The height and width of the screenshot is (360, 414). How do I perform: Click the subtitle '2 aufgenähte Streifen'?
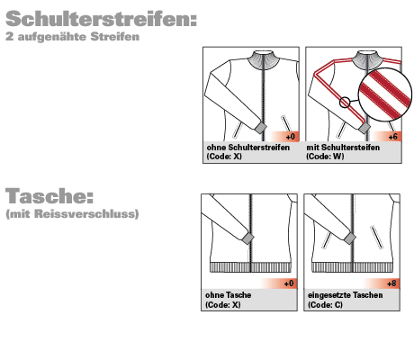[x=72, y=38]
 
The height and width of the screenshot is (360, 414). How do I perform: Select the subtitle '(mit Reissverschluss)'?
[x=72, y=215]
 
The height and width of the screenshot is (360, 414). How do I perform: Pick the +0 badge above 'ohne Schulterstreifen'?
[x=290, y=136]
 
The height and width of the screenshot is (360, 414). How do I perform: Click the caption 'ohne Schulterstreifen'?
[x=248, y=148]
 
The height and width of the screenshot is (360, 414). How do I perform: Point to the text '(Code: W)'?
[x=325, y=156]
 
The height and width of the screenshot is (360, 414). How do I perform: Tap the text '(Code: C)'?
[x=325, y=304]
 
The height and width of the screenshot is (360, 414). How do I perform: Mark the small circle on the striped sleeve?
[x=345, y=103]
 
